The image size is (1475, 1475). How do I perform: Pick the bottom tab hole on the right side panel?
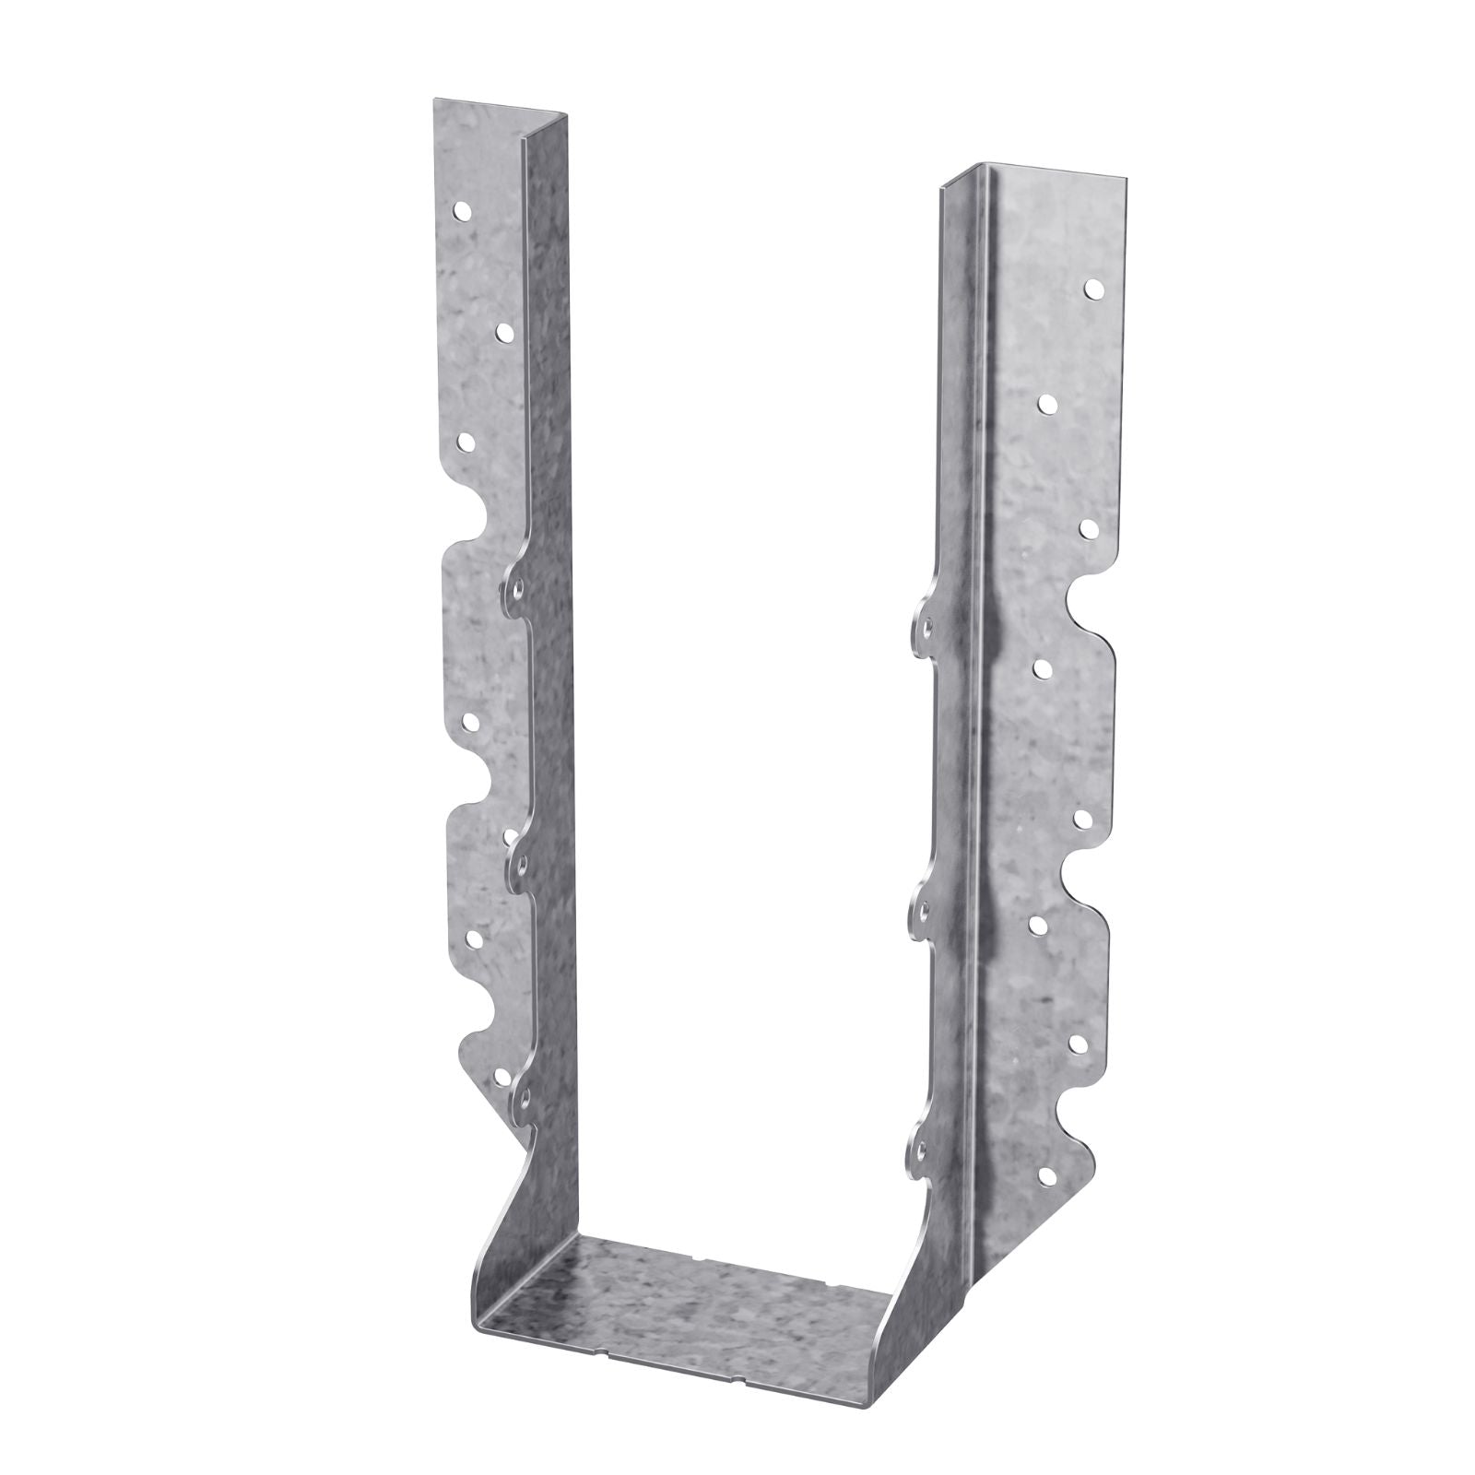[x=921, y=1147]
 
